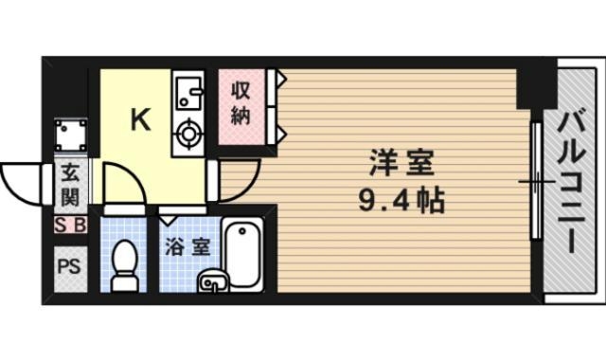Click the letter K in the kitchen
tap(140, 119)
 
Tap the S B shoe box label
tap(70, 225)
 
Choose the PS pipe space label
tap(70, 264)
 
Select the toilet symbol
tap(123, 266)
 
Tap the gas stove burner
tap(187, 135)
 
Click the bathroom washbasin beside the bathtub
tap(213, 280)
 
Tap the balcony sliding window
tap(536, 180)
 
